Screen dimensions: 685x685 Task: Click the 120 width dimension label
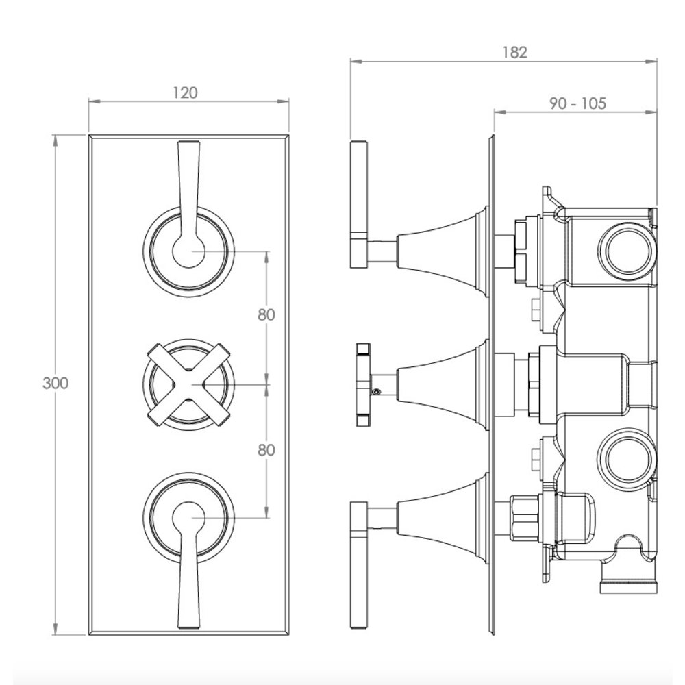click(x=185, y=92)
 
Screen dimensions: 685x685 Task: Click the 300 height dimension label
click(x=55, y=384)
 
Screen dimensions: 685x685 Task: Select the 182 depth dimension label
click(x=514, y=52)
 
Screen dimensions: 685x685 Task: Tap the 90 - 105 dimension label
click(x=577, y=103)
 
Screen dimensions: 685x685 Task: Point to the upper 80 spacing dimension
click(x=266, y=315)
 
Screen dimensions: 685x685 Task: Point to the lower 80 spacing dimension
click(x=266, y=450)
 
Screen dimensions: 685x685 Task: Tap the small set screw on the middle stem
click(x=375, y=393)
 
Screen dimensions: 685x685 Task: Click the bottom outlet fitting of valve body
click(x=628, y=584)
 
